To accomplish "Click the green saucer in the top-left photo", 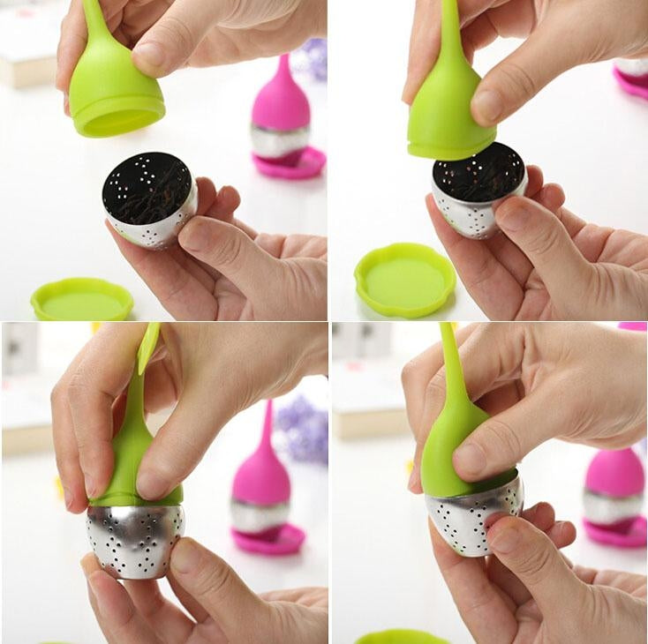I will point(81,300).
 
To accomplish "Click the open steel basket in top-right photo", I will point(477,190).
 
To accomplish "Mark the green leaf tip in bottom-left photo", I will point(149,344).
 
